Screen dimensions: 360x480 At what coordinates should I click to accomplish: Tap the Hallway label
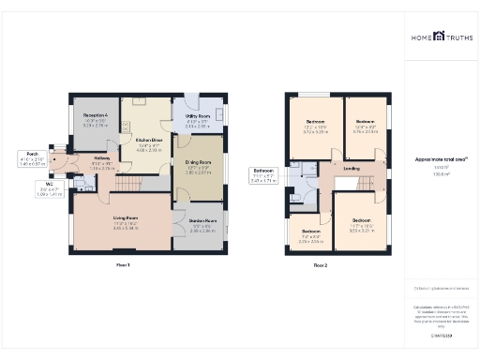click(x=103, y=160)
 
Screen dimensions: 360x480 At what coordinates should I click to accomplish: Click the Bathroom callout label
click(x=262, y=172)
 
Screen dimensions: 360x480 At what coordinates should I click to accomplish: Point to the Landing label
click(x=352, y=169)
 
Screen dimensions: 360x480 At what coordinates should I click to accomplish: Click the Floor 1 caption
click(x=123, y=265)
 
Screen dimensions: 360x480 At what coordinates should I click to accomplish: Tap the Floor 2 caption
click(x=321, y=265)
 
